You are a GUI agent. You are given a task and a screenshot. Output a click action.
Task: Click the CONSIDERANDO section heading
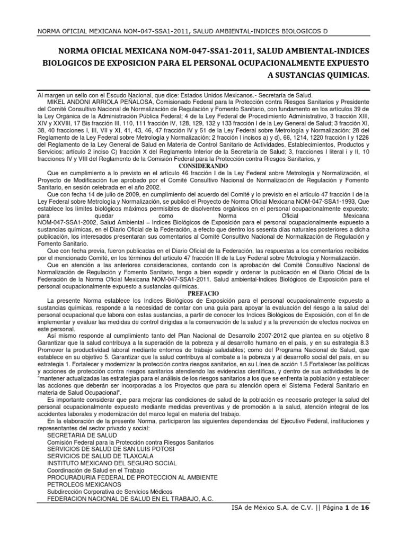point(203,166)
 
